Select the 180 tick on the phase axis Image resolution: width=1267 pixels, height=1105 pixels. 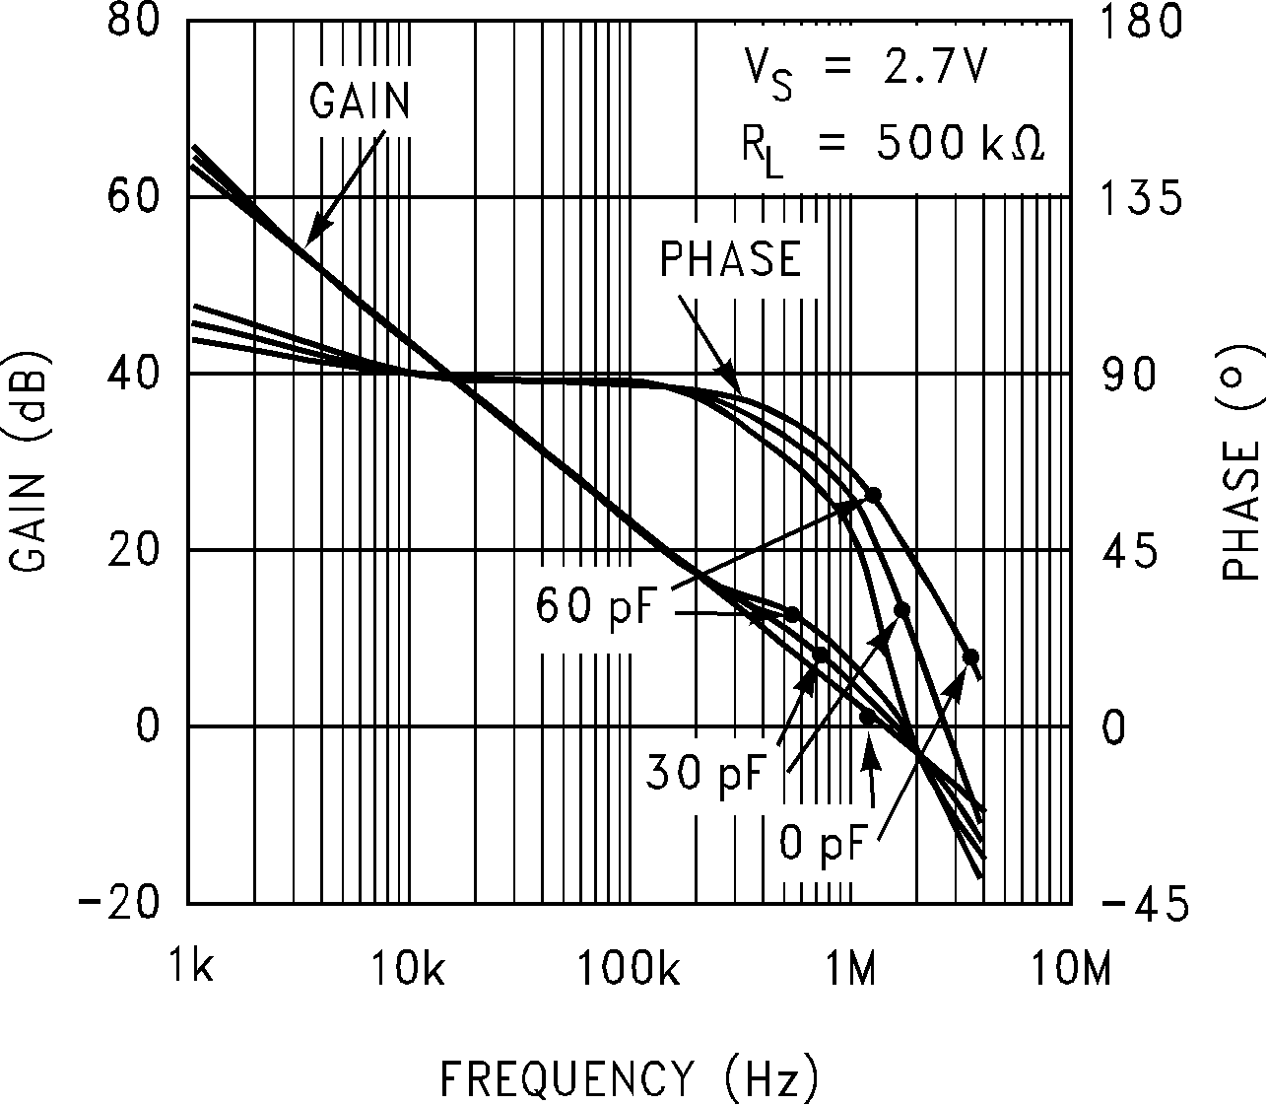pyautogui.click(x=1142, y=22)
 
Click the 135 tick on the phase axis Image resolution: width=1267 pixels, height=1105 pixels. pyautogui.click(x=1142, y=197)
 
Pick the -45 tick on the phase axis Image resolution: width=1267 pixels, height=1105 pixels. pyautogui.click(x=1142, y=903)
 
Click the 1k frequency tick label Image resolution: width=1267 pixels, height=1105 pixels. pyautogui.click(x=190, y=969)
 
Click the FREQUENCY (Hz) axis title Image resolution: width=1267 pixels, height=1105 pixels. pyautogui.click(x=629, y=1078)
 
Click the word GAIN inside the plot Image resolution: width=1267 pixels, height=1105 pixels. pyautogui.click(x=360, y=100)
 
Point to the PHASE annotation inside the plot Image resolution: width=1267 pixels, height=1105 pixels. pyautogui.click(x=730, y=259)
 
